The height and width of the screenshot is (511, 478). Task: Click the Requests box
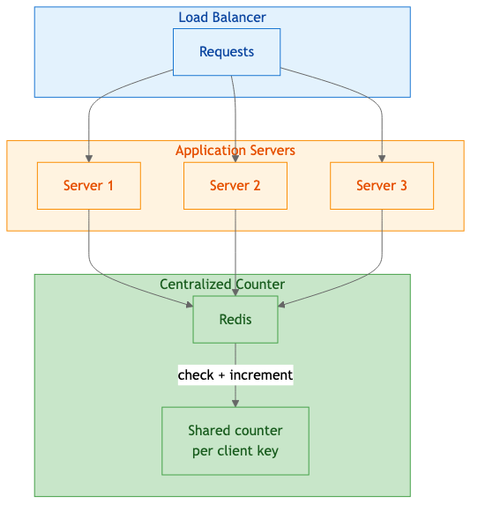pyautogui.click(x=227, y=52)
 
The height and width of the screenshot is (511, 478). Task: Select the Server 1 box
pyautogui.click(x=88, y=186)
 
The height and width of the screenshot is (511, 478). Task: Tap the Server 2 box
pyautogui.click(x=235, y=186)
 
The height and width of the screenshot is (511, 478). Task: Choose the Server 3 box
pyautogui.click(x=382, y=186)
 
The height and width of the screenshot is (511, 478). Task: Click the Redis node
pyautogui.click(x=235, y=320)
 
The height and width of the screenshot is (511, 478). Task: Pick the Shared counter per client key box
pyautogui.click(x=235, y=441)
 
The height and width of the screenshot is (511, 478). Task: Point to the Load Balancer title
pyautogui.click(x=222, y=18)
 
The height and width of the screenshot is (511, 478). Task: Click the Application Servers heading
pyautogui.click(x=235, y=151)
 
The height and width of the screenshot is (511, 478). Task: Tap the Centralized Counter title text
pyautogui.click(x=222, y=285)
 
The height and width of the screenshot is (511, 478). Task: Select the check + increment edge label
pyautogui.click(x=235, y=375)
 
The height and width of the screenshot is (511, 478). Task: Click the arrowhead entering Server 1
pyautogui.click(x=89, y=159)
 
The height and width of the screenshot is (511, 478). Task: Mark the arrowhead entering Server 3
pyautogui.click(x=382, y=159)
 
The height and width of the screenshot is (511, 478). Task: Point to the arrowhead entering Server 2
pyautogui.click(x=235, y=159)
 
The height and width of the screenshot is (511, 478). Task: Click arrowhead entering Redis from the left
pyautogui.click(x=189, y=305)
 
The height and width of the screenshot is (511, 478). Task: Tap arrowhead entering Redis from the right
pyautogui.click(x=282, y=305)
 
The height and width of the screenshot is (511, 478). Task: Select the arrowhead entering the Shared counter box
pyautogui.click(x=235, y=403)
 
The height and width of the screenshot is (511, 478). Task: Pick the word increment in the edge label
pyautogui.click(x=261, y=375)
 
